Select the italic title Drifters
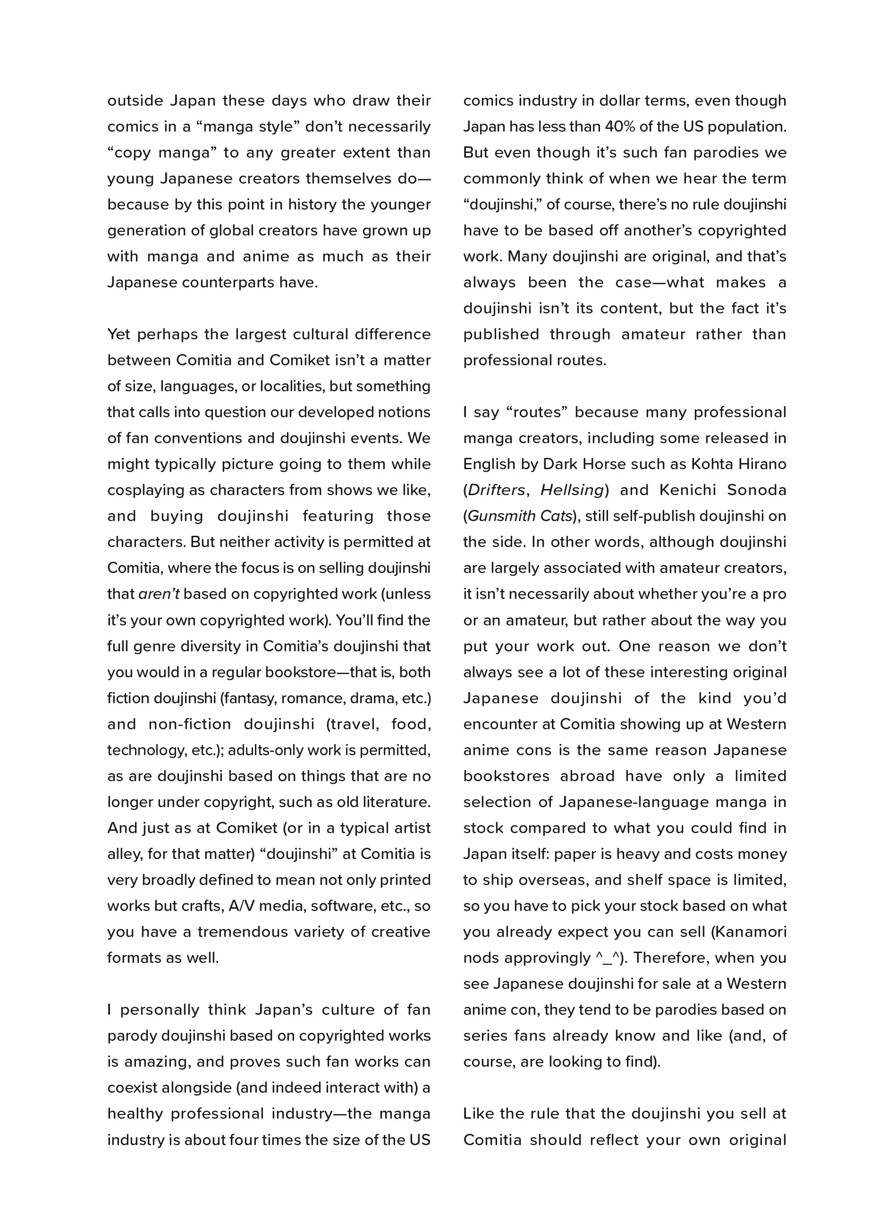[x=497, y=490]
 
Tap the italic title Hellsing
[x=572, y=490]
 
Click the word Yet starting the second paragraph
[x=118, y=334]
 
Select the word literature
[x=396, y=802]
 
